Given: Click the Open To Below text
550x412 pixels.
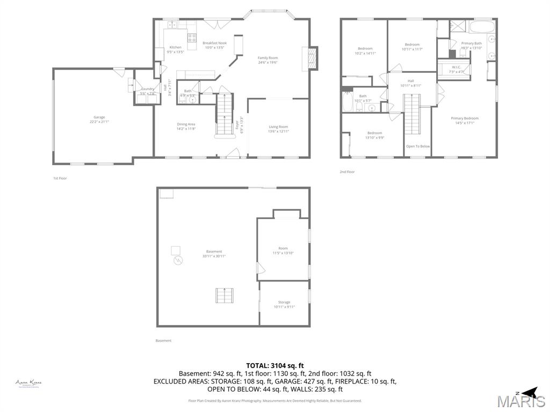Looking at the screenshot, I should click(417, 146).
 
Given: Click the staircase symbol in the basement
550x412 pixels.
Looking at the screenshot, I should click(225, 296).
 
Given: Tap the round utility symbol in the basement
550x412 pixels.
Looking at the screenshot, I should click(178, 261).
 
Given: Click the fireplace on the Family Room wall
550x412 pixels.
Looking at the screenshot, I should click(310, 58).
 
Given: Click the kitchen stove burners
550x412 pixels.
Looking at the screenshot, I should click(192, 37).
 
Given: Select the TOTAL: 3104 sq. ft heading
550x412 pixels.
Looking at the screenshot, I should click(274, 365).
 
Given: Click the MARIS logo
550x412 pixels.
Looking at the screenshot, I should click(521, 400).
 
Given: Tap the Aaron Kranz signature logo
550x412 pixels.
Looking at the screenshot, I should click(28, 383).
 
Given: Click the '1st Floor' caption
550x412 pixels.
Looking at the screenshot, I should click(60, 178).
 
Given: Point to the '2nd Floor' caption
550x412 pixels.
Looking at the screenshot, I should click(347, 172).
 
